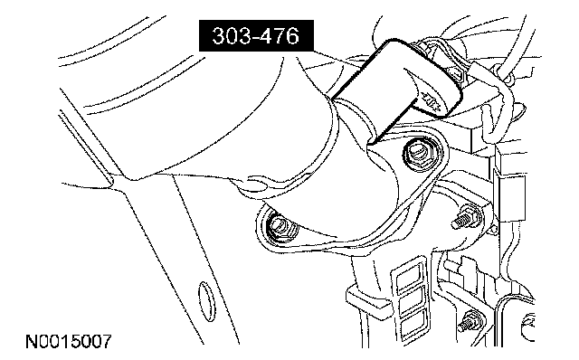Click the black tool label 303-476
point(256,36)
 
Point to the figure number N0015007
point(69,342)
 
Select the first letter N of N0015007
point(32,342)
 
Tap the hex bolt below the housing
point(280,227)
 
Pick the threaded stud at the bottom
point(468,322)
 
